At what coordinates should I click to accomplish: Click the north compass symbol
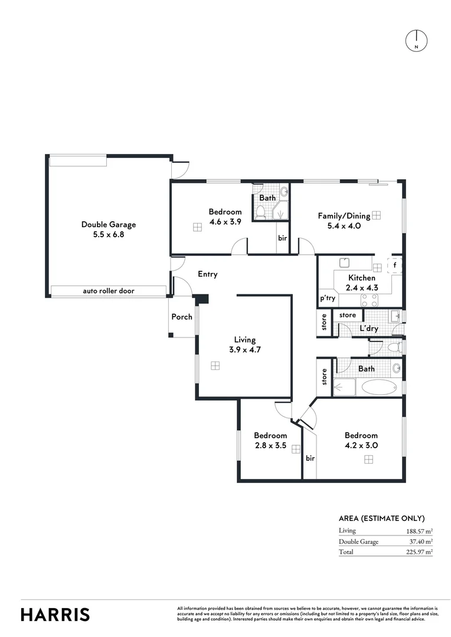[417, 40]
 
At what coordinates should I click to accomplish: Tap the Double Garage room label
[109, 224]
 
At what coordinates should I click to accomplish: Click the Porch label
[182, 317]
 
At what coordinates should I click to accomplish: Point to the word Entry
[208, 274]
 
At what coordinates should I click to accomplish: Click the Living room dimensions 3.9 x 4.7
[244, 349]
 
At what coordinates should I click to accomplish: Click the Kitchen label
[361, 278]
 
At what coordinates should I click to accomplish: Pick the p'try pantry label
[328, 299]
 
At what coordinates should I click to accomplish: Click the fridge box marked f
[395, 266]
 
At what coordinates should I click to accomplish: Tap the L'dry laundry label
[368, 328]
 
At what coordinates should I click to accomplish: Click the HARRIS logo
[55, 614]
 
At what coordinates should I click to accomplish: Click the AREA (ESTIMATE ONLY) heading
[381, 518]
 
